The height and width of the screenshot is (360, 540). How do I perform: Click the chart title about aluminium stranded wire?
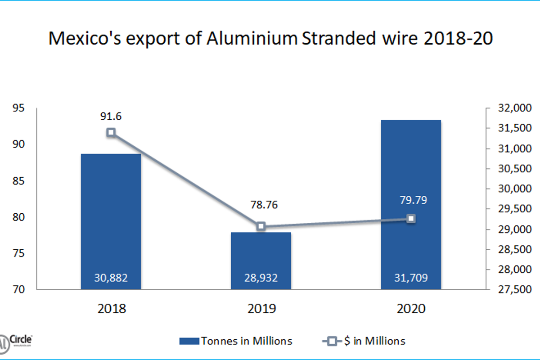(270, 38)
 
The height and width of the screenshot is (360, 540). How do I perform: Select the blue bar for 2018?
(111, 221)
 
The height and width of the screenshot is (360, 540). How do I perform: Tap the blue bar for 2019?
(261, 261)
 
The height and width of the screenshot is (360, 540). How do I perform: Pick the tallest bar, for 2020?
(411, 204)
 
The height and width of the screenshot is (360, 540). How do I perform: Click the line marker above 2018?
(111, 132)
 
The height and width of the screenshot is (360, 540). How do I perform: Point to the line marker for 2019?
(261, 226)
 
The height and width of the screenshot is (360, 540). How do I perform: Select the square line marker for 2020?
(411, 219)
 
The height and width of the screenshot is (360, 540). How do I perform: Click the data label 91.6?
(111, 116)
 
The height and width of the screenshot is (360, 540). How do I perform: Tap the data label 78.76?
(264, 205)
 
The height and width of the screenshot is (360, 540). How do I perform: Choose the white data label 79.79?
(414, 200)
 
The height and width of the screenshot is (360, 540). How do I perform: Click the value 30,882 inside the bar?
(111, 278)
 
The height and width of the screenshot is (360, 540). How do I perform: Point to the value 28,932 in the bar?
(261, 278)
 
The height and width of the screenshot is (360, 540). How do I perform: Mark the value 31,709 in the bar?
(411, 278)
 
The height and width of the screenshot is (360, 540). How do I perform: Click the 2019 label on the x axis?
(261, 309)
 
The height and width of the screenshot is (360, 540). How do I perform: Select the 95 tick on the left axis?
(18, 108)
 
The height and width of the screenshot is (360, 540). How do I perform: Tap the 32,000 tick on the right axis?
(515, 108)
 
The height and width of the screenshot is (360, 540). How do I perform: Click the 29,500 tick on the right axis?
(515, 208)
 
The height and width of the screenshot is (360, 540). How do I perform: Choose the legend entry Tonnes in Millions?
(236, 341)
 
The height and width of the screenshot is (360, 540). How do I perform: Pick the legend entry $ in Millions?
(364, 341)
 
